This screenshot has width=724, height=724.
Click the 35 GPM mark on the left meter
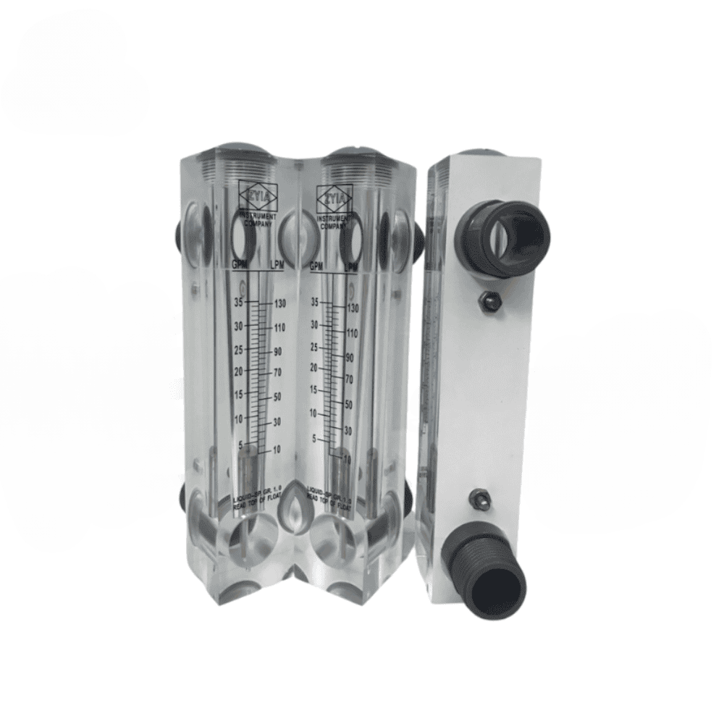(x=238, y=301)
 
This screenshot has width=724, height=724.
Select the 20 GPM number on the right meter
(x=313, y=368)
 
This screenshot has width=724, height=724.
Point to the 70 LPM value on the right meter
(x=348, y=379)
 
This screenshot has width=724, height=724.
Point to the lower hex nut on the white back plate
(x=478, y=497)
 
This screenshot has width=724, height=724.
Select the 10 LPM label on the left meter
(x=276, y=450)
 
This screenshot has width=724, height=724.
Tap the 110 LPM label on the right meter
(x=353, y=334)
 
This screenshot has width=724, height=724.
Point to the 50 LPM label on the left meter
(x=276, y=398)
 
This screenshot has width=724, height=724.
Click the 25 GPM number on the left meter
(x=238, y=350)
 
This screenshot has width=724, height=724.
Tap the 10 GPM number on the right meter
(x=313, y=413)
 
